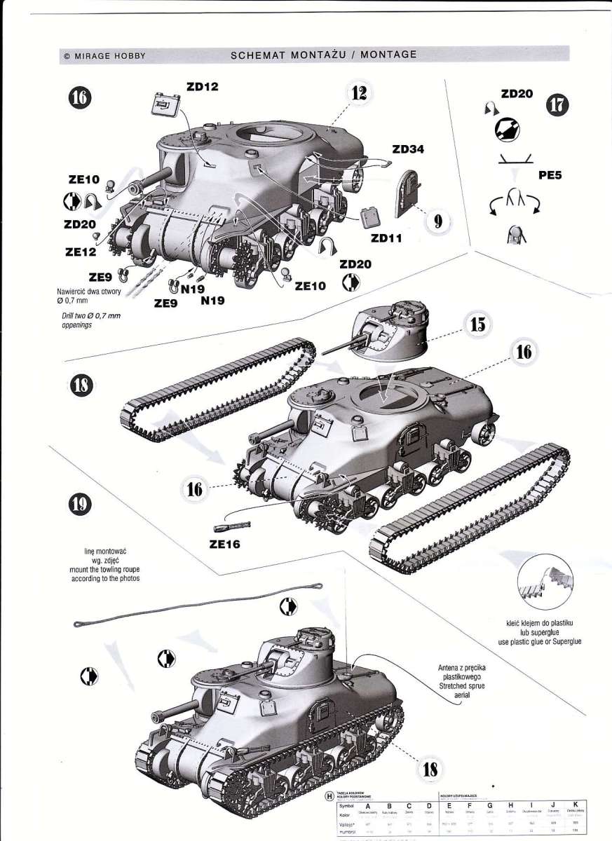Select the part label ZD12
click(203, 87)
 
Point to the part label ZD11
click(386, 238)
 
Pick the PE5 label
click(551, 177)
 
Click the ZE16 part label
click(225, 543)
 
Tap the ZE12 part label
click(81, 250)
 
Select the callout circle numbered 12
click(359, 95)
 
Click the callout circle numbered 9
click(438, 221)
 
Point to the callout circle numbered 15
click(477, 324)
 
